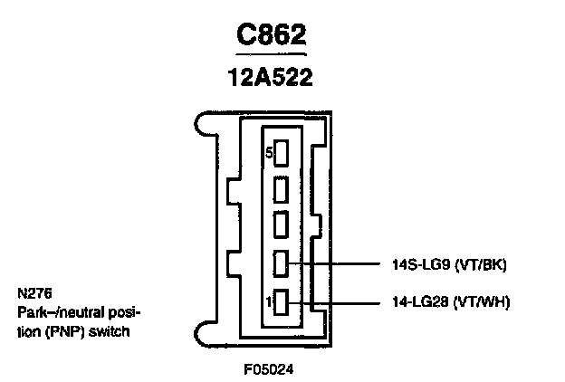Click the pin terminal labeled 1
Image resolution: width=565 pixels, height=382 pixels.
click(x=281, y=301)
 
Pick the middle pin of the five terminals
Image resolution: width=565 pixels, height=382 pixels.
click(x=281, y=224)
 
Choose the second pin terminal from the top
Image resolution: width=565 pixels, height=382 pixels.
click(x=281, y=189)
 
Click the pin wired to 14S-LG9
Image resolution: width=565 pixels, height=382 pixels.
click(x=281, y=264)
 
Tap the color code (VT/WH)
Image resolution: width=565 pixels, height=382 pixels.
click(x=481, y=301)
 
